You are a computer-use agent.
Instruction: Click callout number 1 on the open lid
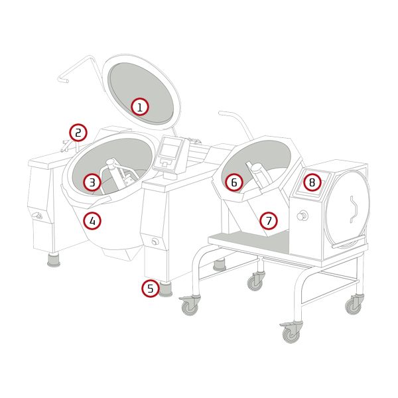(x=140, y=107)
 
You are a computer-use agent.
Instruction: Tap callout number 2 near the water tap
(x=78, y=133)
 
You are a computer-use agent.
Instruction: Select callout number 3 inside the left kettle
(x=92, y=182)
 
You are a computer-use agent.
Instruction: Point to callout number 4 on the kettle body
(x=92, y=221)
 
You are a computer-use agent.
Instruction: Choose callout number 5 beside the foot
(x=151, y=289)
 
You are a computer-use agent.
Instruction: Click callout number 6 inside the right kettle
(x=234, y=182)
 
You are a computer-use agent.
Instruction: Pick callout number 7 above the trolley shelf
(x=269, y=221)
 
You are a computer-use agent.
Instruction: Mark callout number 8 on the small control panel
(x=312, y=182)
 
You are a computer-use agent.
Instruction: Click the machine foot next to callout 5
(x=166, y=290)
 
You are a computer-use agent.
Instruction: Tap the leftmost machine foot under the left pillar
(x=54, y=260)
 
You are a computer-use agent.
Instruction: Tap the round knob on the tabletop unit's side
(x=302, y=216)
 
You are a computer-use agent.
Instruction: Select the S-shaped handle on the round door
(x=354, y=210)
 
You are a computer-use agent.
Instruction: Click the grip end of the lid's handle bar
(x=63, y=79)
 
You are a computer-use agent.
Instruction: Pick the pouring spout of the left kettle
(x=100, y=201)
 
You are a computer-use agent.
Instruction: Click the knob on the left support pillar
(x=37, y=215)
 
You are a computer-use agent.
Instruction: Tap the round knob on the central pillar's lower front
(x=155, y=241)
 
